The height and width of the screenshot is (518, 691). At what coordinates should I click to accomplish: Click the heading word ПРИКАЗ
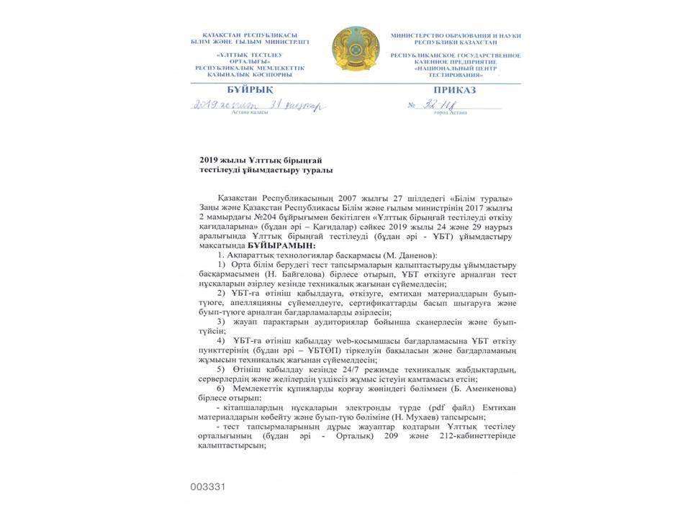[450, 91]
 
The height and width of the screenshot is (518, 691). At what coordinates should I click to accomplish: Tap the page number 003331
[209, 486]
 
